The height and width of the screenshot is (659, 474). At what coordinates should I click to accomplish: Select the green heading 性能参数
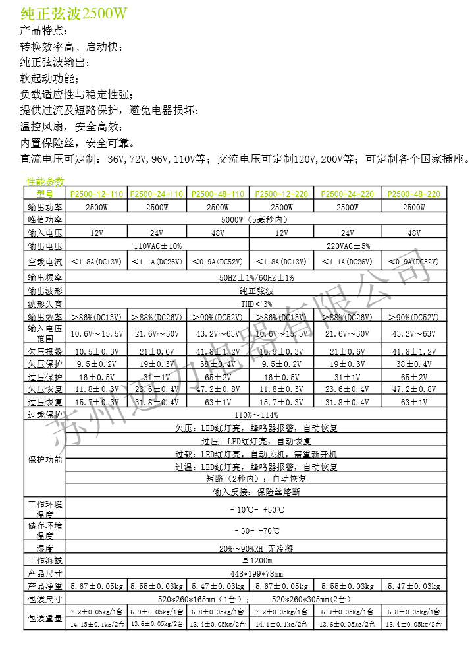click(45, 181)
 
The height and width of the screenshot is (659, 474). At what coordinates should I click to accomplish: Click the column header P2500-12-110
click(97, 194)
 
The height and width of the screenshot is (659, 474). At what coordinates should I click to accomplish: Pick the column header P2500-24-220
click(348, 194)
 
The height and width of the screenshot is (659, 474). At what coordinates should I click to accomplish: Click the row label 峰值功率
click(45, 219)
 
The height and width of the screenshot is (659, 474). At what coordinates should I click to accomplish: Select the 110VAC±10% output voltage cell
click(158, 246)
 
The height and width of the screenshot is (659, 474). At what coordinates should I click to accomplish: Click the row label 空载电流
click(45, 262)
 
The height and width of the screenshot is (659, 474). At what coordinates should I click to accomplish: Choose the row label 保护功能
click(45, 459)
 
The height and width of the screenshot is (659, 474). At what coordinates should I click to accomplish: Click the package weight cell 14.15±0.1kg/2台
click(97, 623)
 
